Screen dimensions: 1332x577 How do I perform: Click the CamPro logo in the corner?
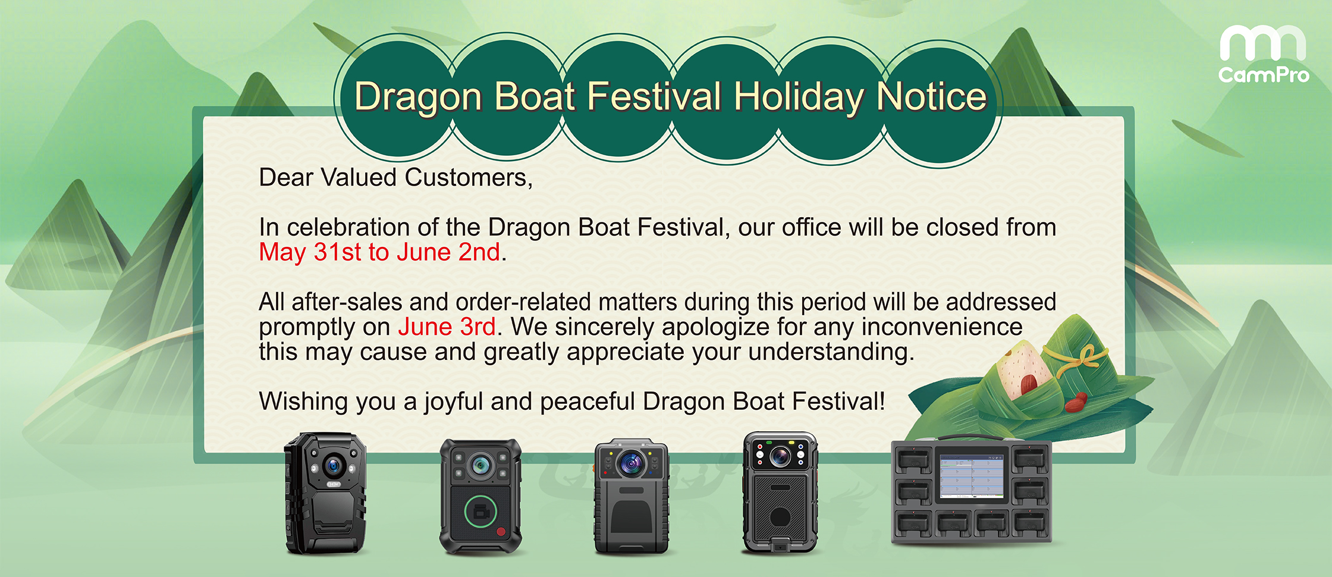[x=1263, y=54]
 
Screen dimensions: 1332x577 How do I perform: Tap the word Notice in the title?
[x=931, y=96]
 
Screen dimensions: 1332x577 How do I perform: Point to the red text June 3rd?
[x=447, y=327]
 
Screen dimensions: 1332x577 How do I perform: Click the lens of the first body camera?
[x=334, y=465]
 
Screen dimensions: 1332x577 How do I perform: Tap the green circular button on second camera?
[x=480, y=512]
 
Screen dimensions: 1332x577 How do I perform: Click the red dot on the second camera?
[x=501, y=532]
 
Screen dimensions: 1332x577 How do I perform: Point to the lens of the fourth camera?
[x=780, y=456]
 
